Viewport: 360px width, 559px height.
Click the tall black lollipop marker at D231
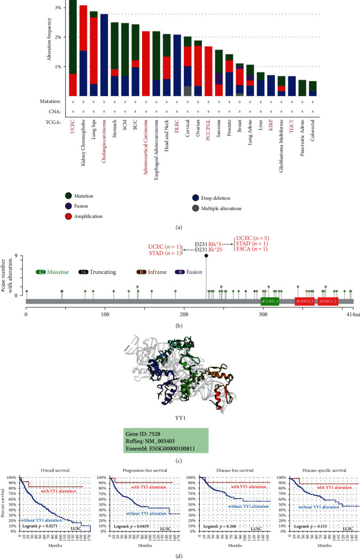206,256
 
